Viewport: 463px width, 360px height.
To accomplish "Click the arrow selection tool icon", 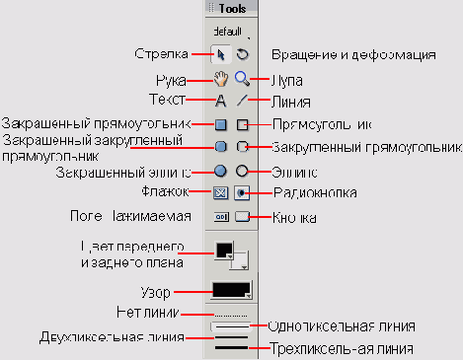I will [x=221, y=54].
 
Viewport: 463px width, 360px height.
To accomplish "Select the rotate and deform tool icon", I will [x=242, y=54].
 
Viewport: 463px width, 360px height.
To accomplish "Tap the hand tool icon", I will [x=221, y=78].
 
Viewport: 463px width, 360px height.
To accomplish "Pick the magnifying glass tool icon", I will [x=242, y=78].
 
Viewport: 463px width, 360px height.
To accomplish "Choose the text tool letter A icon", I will [x=221, y=101].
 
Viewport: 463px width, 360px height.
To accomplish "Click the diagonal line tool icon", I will [x=242, y=101].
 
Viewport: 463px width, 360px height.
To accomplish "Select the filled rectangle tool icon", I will [x=221, y=124].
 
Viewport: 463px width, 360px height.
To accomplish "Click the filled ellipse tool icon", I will [x=221, y=171].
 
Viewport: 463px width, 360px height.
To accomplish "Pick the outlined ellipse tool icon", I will [x=242, y=171].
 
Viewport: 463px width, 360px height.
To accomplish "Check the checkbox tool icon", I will [x=221, y=192].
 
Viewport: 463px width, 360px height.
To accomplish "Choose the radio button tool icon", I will [x=242, y=192].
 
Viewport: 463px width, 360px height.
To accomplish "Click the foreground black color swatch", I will [x=223, y=250].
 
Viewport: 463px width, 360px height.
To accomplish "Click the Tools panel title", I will [x=232, y=8].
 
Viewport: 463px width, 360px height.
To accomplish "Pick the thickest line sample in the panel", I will [x=232, y=347].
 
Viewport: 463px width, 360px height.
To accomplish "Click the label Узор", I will [x=156, y=292].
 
